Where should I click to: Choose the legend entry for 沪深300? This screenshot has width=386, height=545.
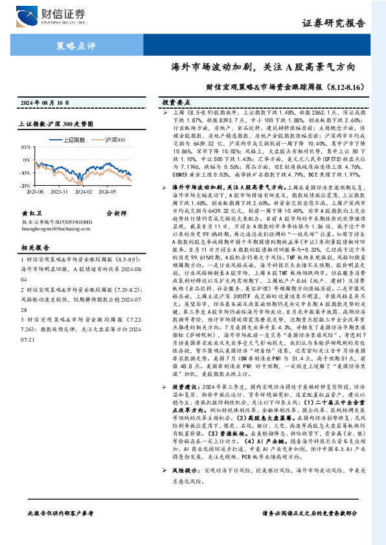[x=115, y=140]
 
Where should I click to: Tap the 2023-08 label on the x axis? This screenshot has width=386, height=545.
[x=36, y=192]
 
